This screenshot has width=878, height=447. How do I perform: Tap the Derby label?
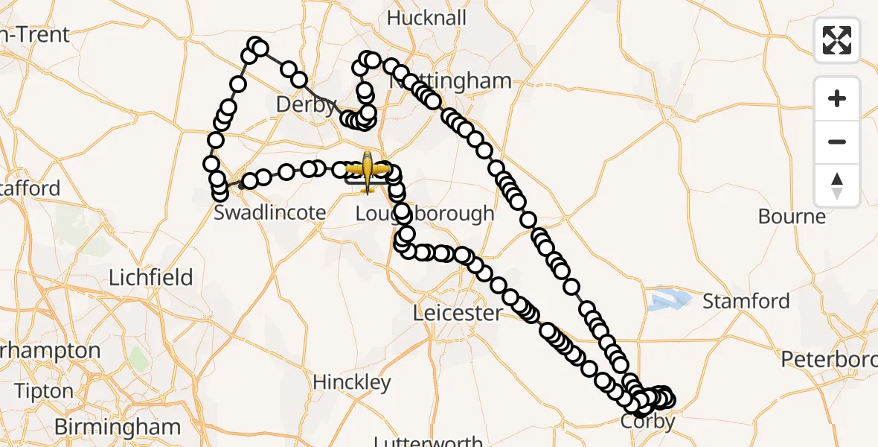pos(306,104)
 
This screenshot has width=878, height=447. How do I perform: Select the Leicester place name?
pos(458,313)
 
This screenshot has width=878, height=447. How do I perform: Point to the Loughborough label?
pos(424,213)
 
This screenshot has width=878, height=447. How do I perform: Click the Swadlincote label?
pos(269,212)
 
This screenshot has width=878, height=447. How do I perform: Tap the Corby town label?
pos(648,422)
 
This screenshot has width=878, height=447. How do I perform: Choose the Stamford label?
pos(746,301)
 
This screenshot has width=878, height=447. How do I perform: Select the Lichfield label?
pos(151,278)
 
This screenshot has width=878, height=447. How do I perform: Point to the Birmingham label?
pos(118,427)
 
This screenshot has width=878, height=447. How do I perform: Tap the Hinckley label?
pos(352,382)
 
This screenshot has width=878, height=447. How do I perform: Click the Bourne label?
pos(792,217)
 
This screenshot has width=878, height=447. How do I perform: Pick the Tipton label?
pos(44,391)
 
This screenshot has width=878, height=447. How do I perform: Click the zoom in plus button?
pos(837,98)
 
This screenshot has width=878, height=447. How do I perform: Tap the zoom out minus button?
pos(837,142)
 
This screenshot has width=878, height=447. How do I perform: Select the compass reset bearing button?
pos(837,185)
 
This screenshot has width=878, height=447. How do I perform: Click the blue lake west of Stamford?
pos(667,300)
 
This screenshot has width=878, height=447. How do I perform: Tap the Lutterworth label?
pos(428,441)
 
